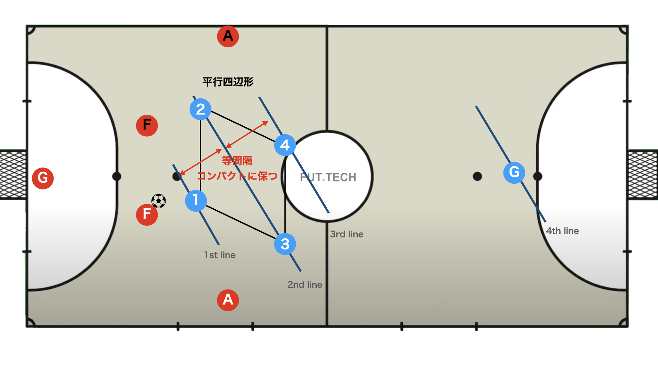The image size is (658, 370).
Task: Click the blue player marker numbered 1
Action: click(x=196, y=200)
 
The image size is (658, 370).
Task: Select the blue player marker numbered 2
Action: click(x=200, y=109)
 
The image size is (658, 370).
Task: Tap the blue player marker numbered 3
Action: click(x=285, y=244)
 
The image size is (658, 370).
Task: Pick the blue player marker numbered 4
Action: click(x=285, y=145)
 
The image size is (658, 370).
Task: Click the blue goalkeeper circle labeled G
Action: click(x=514, y=172)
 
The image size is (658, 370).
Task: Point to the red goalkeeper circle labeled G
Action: click(x=43, y=178)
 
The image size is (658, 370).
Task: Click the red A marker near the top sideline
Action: click(x=228, y=36)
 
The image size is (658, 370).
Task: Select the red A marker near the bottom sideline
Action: click(x=228, y=300)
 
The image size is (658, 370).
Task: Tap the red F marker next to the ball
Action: click(x=147, y=214)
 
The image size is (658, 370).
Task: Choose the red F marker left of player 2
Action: click(x=147, y=125)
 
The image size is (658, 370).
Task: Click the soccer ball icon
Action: click(x=159, y=201)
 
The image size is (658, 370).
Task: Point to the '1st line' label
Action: click(x=220, y=255)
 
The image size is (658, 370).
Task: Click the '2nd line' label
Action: click(x=305, y=285)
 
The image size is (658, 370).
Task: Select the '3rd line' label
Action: click(x=346, y=234)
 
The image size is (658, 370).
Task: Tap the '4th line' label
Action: click(x=562, y=231)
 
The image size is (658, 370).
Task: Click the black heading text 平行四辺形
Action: click(x=228, y=82)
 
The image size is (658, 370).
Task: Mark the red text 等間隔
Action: click(x=237, y=160)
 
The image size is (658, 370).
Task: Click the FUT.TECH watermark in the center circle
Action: click(x=328, y=177)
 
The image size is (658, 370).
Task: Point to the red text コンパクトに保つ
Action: click(x=237, y=176)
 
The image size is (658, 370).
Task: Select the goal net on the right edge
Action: click(x=643, y=175)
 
